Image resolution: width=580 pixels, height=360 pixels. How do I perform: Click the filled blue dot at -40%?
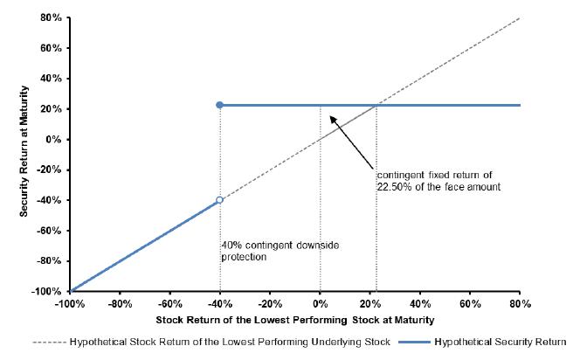pos(220,105)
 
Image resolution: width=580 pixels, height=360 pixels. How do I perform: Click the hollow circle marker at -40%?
pos(219,200)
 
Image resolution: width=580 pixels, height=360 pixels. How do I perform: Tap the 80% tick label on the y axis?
pos(52,17)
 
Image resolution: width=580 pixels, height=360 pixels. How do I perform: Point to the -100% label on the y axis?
pos(46,291)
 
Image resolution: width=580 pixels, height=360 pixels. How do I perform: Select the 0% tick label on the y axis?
pos(54,139)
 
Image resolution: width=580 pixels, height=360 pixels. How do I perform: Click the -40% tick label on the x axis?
pos(220,304)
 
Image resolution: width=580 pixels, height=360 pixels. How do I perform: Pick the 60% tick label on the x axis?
pos(470,304)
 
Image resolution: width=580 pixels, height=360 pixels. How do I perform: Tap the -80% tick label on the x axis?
pos(121,304)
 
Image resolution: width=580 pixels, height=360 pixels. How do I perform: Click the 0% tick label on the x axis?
pos(321,304)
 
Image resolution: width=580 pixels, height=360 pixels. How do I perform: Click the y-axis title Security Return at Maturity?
pos(24,151)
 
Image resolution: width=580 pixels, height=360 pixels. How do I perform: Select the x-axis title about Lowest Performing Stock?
pos(295,320)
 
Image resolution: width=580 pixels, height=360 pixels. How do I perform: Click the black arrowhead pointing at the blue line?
pos(334,120)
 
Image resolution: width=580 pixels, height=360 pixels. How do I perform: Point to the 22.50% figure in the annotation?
pos(394,187)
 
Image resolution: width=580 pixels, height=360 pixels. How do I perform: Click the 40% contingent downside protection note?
pos(280,251)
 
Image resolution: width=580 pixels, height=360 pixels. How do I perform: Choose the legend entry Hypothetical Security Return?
pos(501,342)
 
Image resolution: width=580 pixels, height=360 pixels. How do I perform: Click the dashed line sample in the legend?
pos(49,343)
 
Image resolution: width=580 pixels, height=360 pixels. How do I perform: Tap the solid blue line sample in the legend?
pos(414,343)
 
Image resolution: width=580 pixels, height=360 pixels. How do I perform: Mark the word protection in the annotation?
pos(244,257)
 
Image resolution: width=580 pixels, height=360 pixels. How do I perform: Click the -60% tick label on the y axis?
pos(49,231)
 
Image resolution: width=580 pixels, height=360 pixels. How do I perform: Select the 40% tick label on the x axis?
pos(420,304)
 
